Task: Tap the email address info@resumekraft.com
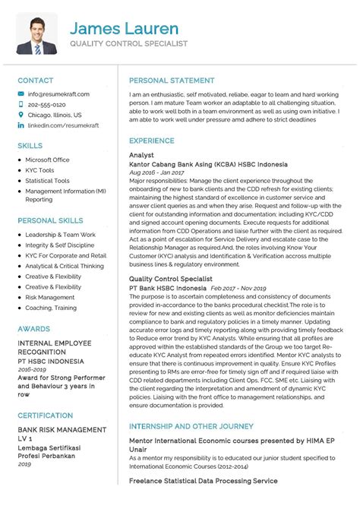pyautogui.click(x=58, y=93)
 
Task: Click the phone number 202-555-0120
pyautogui.click(x=46, y=104)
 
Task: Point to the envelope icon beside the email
pyautogui.click(x=21, y=93)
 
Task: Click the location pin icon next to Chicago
pyautogui.click(x=21, y=115)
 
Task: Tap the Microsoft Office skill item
pyautogui.click(x=47, y=160)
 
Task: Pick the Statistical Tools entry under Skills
pyautogui.click(x=47, y=181)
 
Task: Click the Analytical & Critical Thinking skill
pyautogui.click(x=64, y=266)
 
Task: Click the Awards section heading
pyautogui.click(x=35, y=327)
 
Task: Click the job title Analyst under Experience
pyautogui.click(x=142, y=154)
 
